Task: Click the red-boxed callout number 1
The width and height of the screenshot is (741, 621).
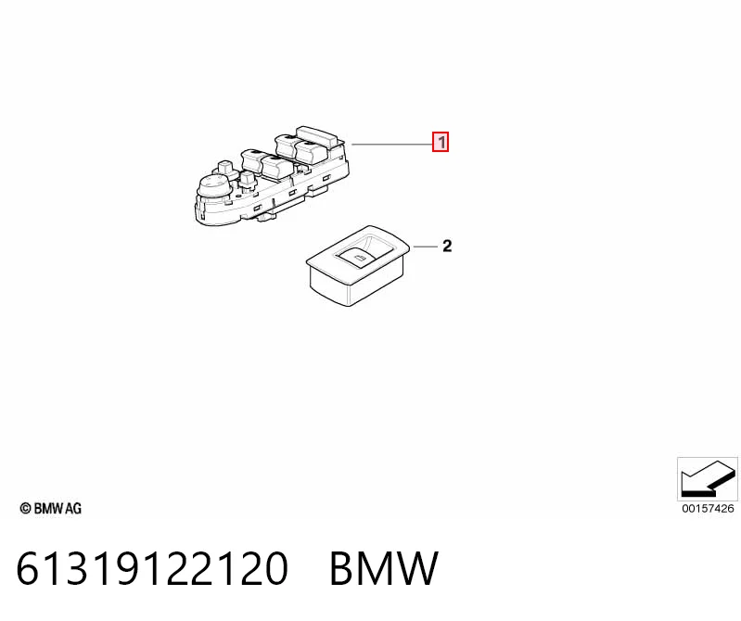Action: point(441,142)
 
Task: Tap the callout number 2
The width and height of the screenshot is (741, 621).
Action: point(447,246)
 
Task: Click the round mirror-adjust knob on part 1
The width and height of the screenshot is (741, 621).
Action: point(215,184)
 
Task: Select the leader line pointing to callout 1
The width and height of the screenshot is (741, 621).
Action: point(391,144)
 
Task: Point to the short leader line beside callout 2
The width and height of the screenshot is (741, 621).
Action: point(426,247)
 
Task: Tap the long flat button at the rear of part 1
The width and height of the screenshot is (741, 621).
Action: point(317,135)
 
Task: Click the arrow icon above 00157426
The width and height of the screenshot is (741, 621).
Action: point(707,479)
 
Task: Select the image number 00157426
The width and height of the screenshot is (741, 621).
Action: point(708,509)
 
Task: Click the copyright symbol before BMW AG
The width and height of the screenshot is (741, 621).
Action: point(25,508)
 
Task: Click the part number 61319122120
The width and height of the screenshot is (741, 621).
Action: point(152,568)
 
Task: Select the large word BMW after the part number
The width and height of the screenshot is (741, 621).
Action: point(384,568)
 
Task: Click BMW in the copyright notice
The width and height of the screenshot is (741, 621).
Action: point(48,508)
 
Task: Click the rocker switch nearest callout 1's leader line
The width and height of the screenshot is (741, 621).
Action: point(312,152)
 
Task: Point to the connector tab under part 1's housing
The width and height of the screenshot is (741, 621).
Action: point(266,217)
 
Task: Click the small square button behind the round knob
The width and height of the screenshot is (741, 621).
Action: point(224,168)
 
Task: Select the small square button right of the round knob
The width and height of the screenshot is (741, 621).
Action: point(248,180)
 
